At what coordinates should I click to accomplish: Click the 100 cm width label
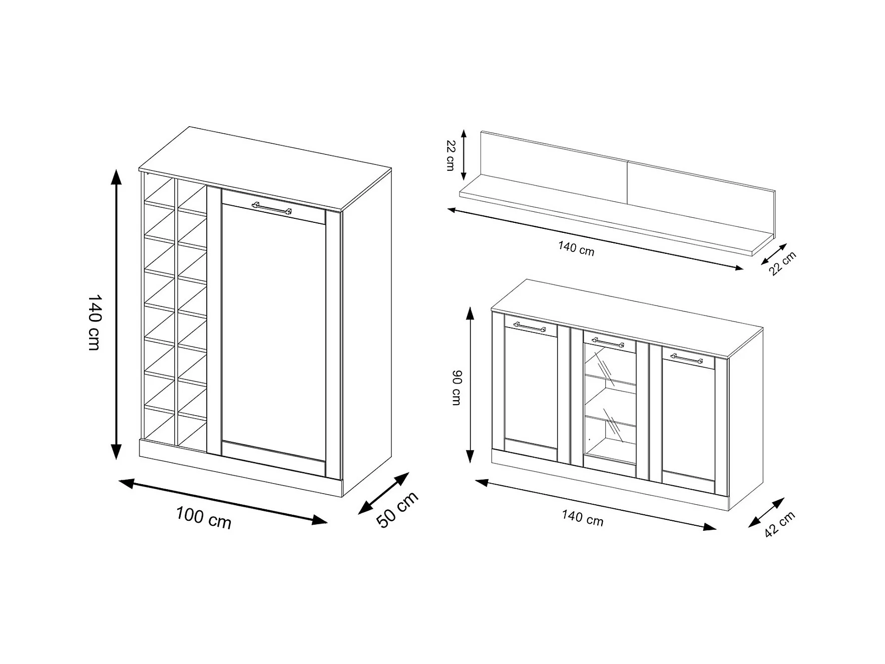pos(203,517)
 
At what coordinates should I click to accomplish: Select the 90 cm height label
pos(456,387)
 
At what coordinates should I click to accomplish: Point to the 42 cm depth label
pos(779,524)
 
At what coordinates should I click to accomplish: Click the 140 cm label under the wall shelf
pos(576,248)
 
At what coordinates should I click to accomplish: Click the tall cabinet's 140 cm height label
pos(95,322)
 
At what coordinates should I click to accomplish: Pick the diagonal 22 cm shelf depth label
pos(782,263)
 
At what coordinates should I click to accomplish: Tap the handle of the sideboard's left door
pos(530,327)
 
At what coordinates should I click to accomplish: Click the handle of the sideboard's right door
pos(686,358)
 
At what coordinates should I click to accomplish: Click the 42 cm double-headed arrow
pos(766,512)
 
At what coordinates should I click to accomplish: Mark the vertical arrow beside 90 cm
pos(470,385)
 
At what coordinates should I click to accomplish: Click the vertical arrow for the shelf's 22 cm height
pos(464,155)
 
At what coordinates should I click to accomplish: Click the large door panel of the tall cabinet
pos(273,330)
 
